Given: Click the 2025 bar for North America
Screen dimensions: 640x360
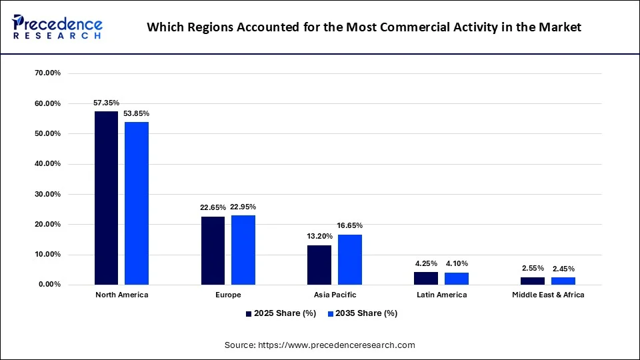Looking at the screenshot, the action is (x=106, y=198).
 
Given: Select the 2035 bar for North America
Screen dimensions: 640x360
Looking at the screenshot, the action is (x=137, y=203).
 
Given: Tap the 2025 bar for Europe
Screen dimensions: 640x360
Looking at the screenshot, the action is (x=213, y=251).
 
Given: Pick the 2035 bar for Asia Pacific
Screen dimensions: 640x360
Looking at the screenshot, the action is (x=350, y=259).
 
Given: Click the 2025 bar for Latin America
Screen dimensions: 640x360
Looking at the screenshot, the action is (x=426, y=279).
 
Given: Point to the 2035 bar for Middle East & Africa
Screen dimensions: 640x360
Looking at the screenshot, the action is (x=563, y=281).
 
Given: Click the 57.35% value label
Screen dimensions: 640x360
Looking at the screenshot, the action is (x=106, y=103).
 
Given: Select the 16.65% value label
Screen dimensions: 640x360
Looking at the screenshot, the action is (x=350, y=225).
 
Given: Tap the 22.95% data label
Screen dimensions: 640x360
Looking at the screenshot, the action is (x=243, y=207).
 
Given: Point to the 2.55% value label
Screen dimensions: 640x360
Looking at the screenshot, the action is (x=533, y=268).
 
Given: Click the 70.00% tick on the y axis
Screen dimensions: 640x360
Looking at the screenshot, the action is (x=48, y=73).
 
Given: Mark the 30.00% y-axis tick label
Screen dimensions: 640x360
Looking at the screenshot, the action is (x=48, y=194).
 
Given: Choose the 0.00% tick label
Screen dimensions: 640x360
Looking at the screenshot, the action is (x=50, y=284).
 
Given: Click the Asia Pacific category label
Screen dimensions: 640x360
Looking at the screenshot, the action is (x=335, y=295).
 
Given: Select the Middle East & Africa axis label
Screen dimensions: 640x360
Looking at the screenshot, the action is (x=548, y=295).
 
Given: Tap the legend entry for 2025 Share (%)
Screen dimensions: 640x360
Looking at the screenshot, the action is (x=281, y=313).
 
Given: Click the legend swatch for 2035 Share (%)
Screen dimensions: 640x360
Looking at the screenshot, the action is (x=331, y=314).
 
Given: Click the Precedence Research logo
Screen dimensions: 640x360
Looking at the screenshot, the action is (x=57, y=27).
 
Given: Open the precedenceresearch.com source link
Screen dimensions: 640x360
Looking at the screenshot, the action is (x=336, y=345).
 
